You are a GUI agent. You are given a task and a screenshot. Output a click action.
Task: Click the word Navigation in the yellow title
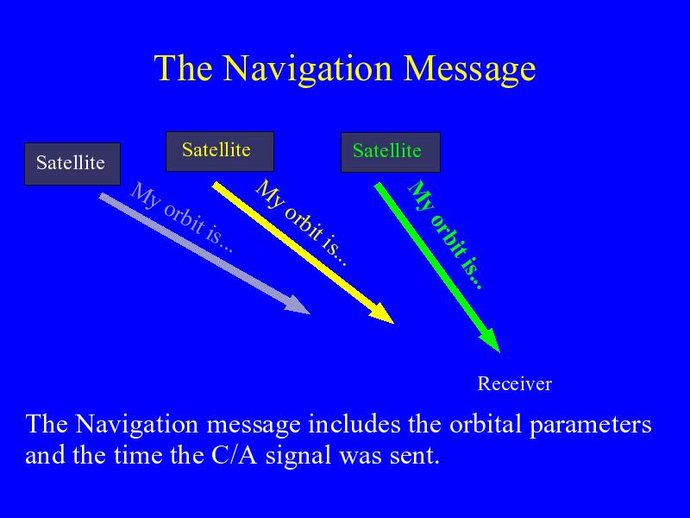[307, 69]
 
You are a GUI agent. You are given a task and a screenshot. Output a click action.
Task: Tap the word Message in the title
[469, 69]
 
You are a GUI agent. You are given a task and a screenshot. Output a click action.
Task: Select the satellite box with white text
[72, 164]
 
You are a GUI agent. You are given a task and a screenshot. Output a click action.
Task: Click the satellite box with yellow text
[220, 152]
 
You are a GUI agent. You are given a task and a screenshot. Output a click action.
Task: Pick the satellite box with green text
[391, 153]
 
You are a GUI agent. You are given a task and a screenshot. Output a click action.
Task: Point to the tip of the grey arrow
[310, 313]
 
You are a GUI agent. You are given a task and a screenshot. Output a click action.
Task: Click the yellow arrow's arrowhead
[382, 313]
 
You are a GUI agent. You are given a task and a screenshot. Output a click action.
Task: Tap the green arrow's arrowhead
[491, 340]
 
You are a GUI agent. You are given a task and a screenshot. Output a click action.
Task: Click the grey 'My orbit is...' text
[182, 217]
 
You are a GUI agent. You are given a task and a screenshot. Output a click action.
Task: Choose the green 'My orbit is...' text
[445, 234]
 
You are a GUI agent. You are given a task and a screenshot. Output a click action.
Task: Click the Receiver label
[514, 383]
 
